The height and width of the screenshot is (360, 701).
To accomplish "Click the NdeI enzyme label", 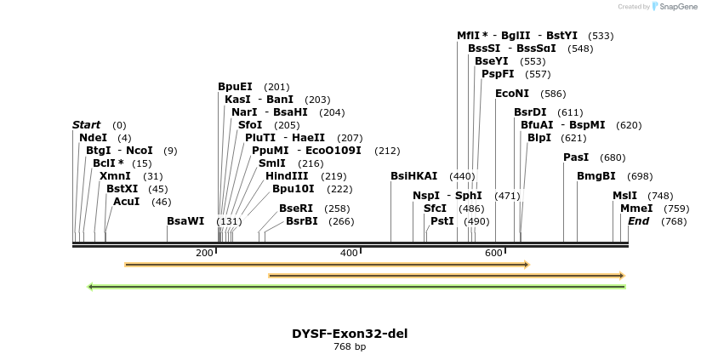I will click(x=93, y=138).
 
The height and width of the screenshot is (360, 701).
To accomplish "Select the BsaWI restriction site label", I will click(x=185, y=221).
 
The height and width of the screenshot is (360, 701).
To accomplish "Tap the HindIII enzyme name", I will click(x=287, y=176).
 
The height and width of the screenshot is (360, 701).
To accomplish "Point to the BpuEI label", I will click(x=235, y=87).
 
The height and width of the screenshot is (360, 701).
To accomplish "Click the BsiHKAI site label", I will click(x=413, y=176).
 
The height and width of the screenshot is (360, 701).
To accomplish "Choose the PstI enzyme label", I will click(x=442, y=221).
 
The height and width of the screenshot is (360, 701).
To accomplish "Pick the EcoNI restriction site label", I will click(x=511, y=94).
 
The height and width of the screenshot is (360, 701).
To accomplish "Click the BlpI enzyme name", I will click(x=539, y=138).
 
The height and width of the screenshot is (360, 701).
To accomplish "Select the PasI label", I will click(x=576, y=157).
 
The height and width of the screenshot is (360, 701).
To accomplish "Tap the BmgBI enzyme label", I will click(x=596, y=176).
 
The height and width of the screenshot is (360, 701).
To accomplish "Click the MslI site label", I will click(x=624, y=196).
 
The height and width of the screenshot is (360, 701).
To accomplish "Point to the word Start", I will click(x=86, y=125).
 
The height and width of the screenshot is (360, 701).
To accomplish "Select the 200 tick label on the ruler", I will click(x=204, y=254).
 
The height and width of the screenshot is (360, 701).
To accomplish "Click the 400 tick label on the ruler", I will click(x=349, y=254).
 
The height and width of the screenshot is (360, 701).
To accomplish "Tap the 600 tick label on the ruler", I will click(x=493, y=254).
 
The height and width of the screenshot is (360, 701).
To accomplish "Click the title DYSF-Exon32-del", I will click(x=350, y=334).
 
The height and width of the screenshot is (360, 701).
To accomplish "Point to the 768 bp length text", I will click(x=350, y=347).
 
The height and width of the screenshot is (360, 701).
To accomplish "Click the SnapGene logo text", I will click(x=677, y=7).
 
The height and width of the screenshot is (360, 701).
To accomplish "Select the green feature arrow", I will click(x=356, y=287).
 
